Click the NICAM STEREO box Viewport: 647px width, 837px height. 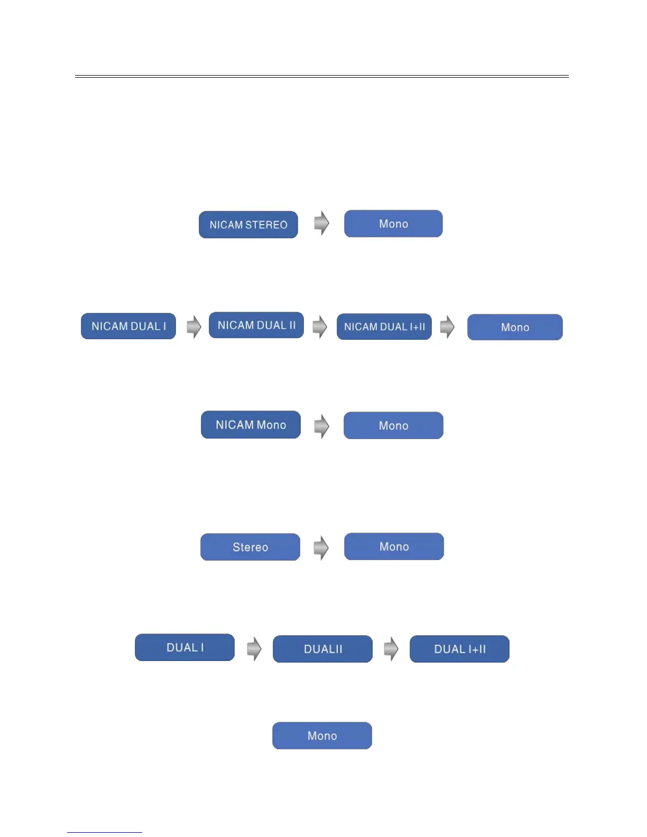[x=248, y=225]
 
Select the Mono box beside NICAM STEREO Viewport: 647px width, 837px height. [x=393, y=224]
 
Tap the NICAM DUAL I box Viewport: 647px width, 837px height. [x=128, y=326]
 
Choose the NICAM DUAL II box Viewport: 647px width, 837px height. [x=256, y=325]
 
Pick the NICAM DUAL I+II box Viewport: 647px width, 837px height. [x=384, y=327]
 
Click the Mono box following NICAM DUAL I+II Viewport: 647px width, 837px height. [x=515, y=327]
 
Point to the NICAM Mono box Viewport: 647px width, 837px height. [x=251, y=425]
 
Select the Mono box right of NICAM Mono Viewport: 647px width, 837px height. [x=393, y=425]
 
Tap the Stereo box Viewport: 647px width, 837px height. [x=250, y=547]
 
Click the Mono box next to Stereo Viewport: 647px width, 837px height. [x=394, y=546]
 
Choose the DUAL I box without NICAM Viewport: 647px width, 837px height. [x=184, y=647]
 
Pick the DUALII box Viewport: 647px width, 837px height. [x=322, y=649]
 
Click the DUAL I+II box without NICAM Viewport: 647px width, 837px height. [x=459, y=649]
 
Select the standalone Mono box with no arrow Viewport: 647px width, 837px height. [x=322, y=736]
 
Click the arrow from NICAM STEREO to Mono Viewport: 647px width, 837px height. [x=321, y=223]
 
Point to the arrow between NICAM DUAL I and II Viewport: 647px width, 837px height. [x=194, y=327]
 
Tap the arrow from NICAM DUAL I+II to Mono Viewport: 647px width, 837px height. [x=447, y=327]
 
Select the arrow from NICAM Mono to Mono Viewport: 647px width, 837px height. [x=321, y=426]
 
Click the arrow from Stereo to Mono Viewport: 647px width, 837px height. [x=321, y=547]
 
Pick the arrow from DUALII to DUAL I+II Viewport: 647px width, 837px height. [x=391, y=648]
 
